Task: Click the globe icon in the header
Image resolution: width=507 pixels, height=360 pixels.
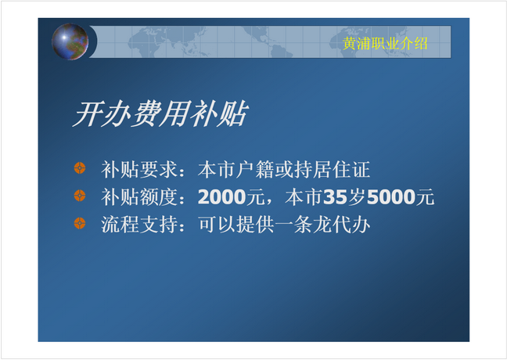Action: [70, 41]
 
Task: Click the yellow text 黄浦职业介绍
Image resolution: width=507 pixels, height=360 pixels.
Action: [385, 43]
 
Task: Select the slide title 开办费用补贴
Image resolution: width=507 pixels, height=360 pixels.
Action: [160, 113]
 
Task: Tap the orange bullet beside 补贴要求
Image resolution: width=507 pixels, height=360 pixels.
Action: [80, 168]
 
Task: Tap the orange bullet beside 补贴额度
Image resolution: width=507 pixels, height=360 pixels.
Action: [80, 196]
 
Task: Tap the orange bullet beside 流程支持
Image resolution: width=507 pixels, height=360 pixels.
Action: [80, 223]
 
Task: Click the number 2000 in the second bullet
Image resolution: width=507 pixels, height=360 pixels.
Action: [222, 196]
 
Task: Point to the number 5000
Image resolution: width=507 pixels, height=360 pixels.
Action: [391, 196]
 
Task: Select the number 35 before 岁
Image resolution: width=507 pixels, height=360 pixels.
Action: [335, 196]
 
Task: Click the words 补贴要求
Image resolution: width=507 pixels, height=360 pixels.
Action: [139, 169]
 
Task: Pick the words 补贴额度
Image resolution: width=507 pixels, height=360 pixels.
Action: [139, 196]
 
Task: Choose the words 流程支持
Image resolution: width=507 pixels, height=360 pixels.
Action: [139, 225]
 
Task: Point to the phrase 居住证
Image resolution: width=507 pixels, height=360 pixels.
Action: [342, 169]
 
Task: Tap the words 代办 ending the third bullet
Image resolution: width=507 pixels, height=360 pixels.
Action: [351, 225]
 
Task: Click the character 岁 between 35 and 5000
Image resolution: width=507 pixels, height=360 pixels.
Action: [357, 196]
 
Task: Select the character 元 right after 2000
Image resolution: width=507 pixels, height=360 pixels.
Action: [255, 196]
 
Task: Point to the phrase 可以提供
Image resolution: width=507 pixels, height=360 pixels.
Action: [236, 225]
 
